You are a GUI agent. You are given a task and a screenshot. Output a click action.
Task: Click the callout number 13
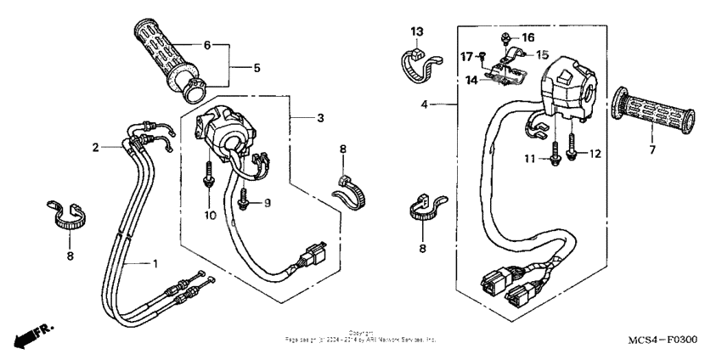[416, 31]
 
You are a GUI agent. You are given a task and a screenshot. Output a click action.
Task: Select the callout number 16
[528, 38]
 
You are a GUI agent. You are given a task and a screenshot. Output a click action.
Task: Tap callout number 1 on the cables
[155, 262]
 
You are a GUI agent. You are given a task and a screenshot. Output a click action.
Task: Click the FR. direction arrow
[29, 335]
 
